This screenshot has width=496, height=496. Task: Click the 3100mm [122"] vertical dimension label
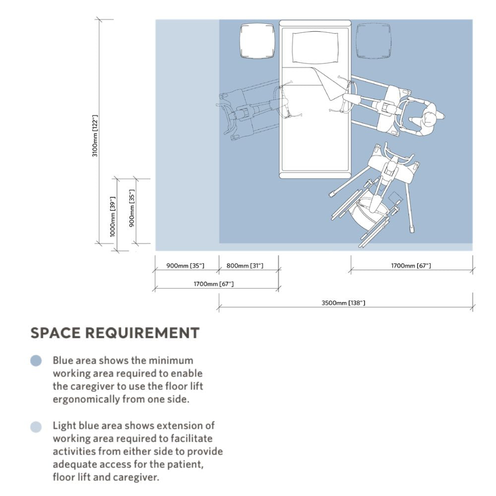pyautogui.click(x=95, y=136)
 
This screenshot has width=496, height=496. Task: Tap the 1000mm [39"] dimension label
pyautogui.click(x=112, y=217)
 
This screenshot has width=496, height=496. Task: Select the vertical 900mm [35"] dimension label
pyautogui.click(x=132, y=208)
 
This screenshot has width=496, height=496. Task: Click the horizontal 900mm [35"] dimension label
pyautogui.click(x=186, y=266)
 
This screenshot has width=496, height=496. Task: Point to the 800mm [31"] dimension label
pyautogui.click(x=245, y=266)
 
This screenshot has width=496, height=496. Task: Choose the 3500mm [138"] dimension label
pyautogui.click(x=343, y=303)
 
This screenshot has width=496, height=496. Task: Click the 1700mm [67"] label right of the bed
pyautogui.click(x=411, y=266)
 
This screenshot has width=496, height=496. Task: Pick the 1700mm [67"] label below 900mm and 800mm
pyautogui.click(x=214, y=284)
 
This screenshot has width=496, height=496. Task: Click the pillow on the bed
pyautogui.click(x=315, y=47)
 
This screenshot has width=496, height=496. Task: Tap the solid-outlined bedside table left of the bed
pyautogui.click(x=257, y=41)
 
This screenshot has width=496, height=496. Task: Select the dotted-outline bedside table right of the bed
pyautogui.click(x=373, y=41)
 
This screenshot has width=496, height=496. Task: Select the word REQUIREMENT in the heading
pyautogui.click(x=142, y=333)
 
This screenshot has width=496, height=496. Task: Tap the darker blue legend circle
pyautogui.click(x=36, y=361)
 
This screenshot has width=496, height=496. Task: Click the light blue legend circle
pyautogui.click(x=36, y=427)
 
